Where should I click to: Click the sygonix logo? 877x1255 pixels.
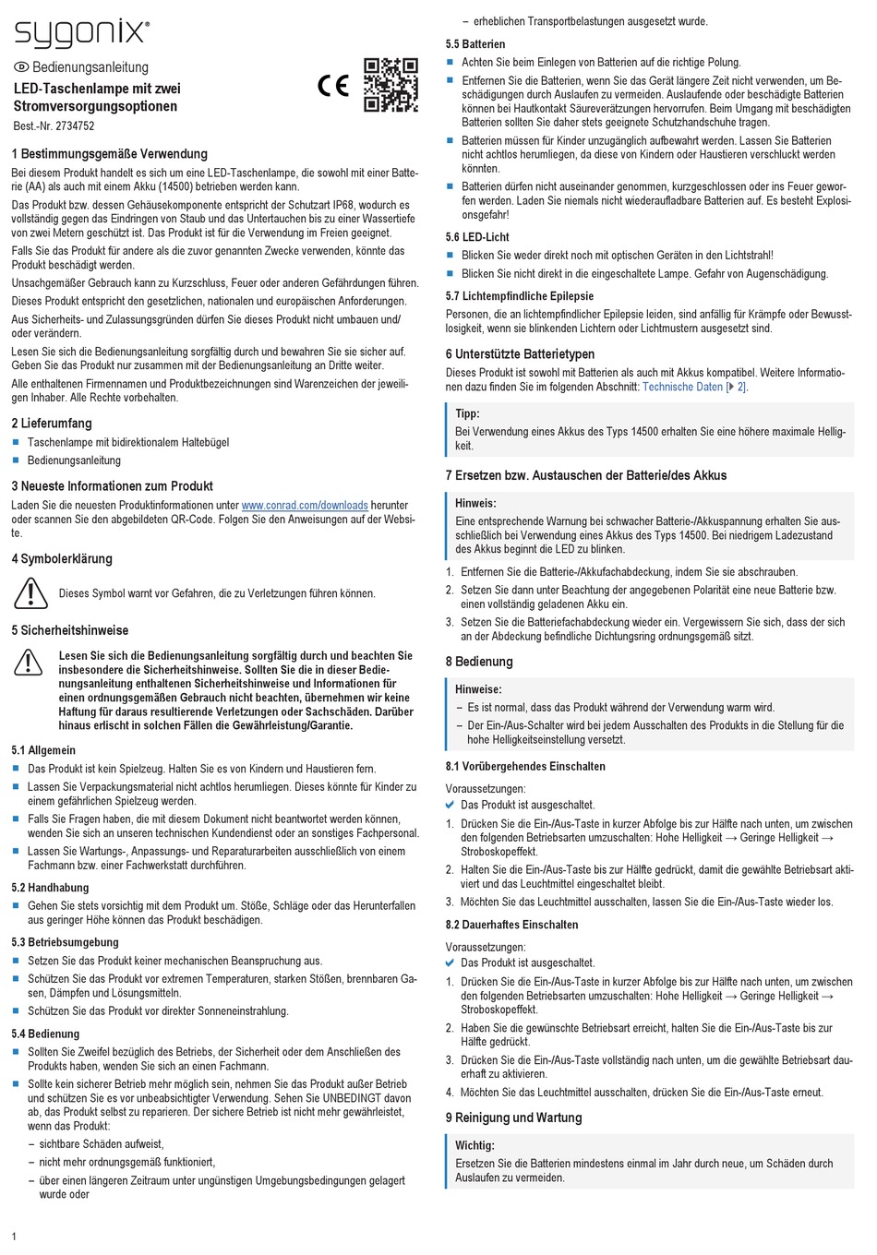pyautogui.click(x=81, y=33)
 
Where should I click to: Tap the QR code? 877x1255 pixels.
pyautogui.click(x=390, y=85)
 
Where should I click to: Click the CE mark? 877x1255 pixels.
pyautogui.click(x=333, y=86)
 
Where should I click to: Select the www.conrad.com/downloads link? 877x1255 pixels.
pyautogui.click(x=305, y=506)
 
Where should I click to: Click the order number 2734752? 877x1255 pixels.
pyautogui.click(x=75, y=126)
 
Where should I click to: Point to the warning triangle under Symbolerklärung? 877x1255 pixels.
pyautogui.click(x=30, y=592)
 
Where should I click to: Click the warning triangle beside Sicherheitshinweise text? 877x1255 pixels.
pyautogui.click(x=29, y=662)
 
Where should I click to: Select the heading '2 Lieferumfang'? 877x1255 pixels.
pyautogui.click(x=52, y=424)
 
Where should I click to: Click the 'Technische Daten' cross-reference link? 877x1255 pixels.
pyautogui.click(x=682, y=387)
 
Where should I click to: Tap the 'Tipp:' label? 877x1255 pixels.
pyautogui.click(x=467, y=413)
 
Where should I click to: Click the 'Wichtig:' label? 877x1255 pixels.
pyautogui.click(x=475, y=1145)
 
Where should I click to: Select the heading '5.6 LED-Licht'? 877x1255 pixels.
pyautogui.click(x=477, y=237)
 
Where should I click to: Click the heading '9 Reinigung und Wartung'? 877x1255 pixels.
pyautogui.click(x=513, y=1118)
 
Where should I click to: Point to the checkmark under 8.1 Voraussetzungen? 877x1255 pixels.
pyautogui.click(x=450, y=805)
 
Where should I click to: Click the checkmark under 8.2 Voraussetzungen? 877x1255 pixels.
pyautogui.click(x=450, y=962)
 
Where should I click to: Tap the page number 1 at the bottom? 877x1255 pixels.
pyautogui.click(x=14, y=1237)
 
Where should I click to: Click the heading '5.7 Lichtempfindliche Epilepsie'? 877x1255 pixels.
pyautogui.click(x=519, y=296)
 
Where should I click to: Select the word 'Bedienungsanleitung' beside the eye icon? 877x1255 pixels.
pyautogui.click(x=90, y=67)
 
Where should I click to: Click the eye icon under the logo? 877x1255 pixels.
pyautogui.click(x=21, y=67)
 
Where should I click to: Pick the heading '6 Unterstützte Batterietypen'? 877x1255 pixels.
pyautogui.click(x=520, y=354)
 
